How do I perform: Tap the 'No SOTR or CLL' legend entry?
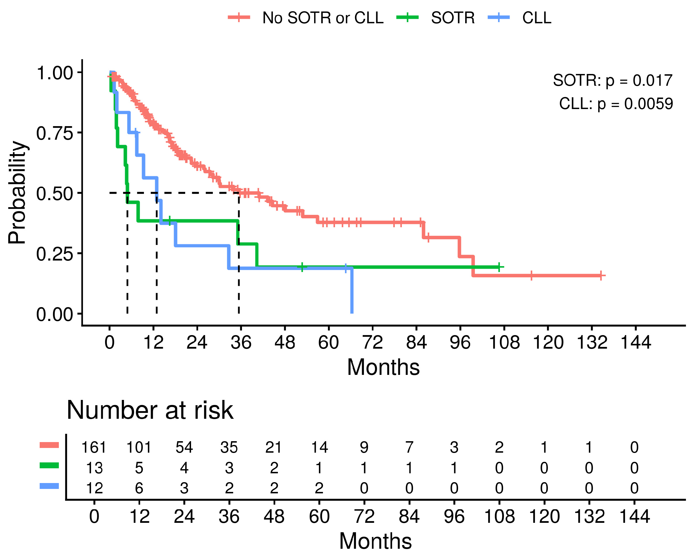point(306,18)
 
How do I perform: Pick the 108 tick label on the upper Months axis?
point(504,342)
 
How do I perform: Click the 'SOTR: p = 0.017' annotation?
point(613,80)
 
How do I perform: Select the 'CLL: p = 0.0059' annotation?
point(616,104)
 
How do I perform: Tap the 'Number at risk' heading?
point(150,411)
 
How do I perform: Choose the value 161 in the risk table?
point(94,448)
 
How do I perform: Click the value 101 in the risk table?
point(139,448)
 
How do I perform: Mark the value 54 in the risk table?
point(184,448)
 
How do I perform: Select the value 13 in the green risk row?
point(94,468)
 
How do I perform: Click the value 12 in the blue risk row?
point(94,488)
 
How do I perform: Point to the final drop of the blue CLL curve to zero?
point(352,291)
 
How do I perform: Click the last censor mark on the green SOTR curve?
point(499,267)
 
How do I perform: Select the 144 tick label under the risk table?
point(634,517)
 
